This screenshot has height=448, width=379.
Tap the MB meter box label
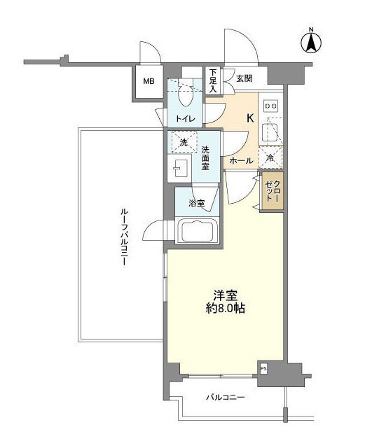(149, 82)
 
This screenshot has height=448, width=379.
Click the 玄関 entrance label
(243, 79)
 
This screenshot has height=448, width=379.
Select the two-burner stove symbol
(271, 106)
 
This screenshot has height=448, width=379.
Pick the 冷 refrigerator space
(271, 158)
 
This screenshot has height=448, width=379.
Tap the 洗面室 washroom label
(206, 158)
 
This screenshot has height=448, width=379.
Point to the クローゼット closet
(272, 190)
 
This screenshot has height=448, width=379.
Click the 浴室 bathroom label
(197, 204)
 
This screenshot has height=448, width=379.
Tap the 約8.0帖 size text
(225, 308)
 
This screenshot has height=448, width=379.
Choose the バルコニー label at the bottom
(225, 397)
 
